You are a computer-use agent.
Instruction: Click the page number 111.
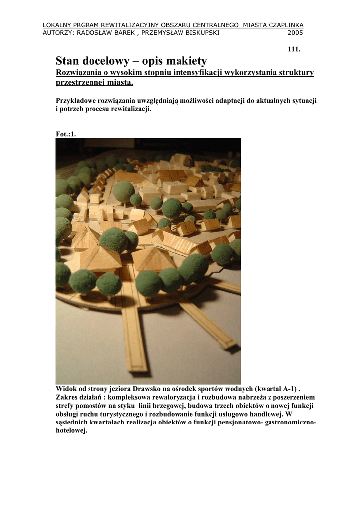pyautogui.click(x=294, y=49)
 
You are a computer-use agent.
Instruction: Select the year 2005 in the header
pyautogui.click(x=295, y=33)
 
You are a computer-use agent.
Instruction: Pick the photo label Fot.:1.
pyautogui.click(x=66, y=134)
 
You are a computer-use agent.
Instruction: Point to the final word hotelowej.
pyautogui.click(x=71, y=431)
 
